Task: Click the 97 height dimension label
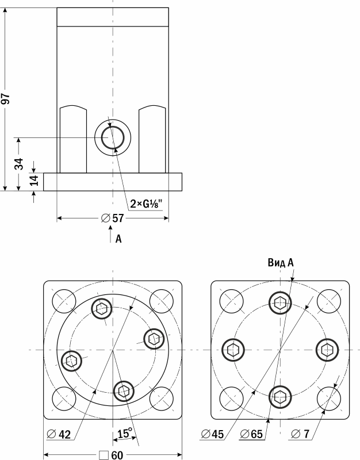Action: coord(7,99)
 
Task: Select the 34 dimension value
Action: coord(19,164)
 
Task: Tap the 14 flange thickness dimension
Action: coord(34,181)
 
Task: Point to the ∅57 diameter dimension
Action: coord(113,218)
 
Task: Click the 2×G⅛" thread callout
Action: coord(146,204)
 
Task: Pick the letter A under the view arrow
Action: coord(118,238)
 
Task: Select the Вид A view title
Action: coord(281,263)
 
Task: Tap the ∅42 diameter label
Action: coord(59,435)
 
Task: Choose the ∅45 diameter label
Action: coord(213,434)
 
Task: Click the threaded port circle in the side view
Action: coord(113,138)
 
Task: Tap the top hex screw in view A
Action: coord(280,302)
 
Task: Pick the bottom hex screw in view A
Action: coord(280,396)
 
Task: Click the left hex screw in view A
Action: coord(233,349)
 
